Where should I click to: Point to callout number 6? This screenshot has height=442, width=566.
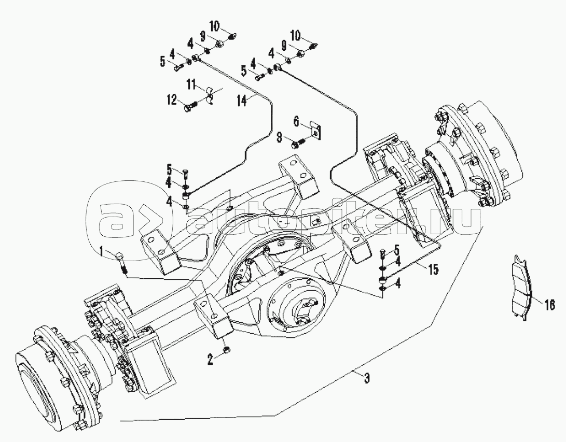pos(296,122)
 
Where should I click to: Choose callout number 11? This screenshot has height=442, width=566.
pos(191,85)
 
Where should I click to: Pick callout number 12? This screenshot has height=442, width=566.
pos(172,100)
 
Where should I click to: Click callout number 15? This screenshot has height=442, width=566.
pos(433,269)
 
